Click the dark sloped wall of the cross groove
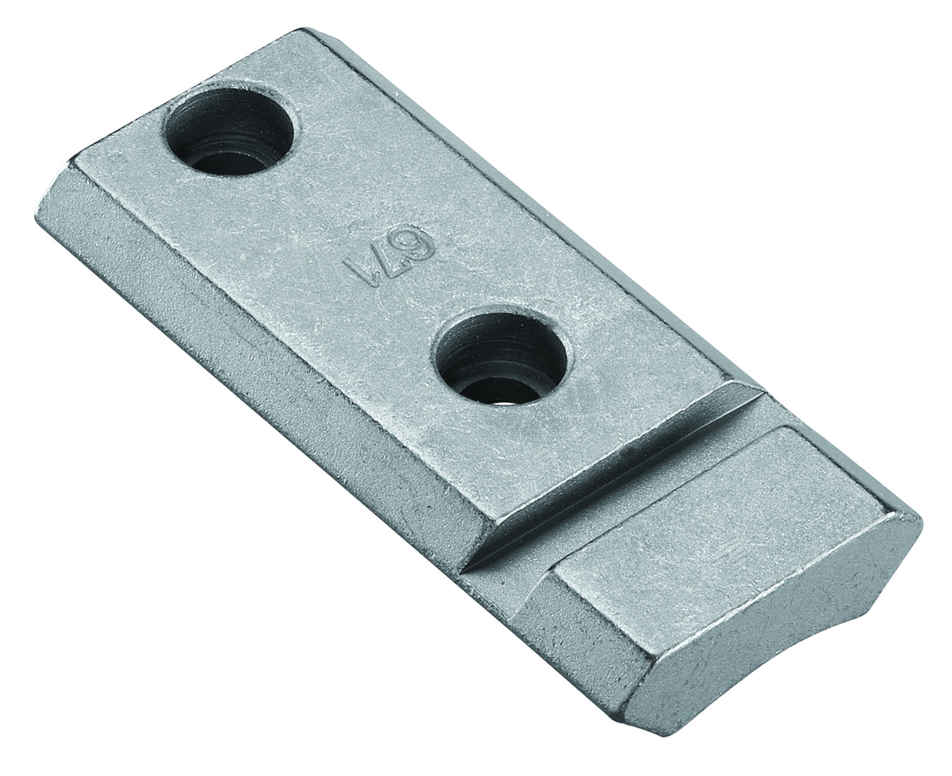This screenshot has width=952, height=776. (x=609, y=463)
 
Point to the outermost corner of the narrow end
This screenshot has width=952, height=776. (x=918, y=517)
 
